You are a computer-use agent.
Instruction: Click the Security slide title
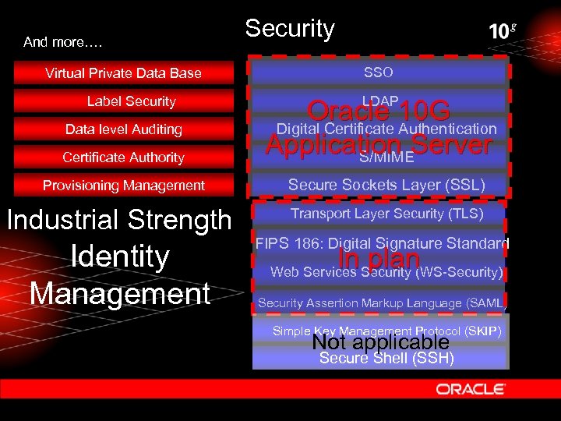click(x=289, y=29)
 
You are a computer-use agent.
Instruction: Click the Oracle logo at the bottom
click(x=471, y=388)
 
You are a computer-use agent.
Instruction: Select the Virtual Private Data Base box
click(x=123, y=73)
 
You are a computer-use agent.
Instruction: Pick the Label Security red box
click(x=131, y=101)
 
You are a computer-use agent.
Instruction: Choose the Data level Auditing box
click(x=123, y=129)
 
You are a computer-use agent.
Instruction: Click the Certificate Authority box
click(x=123, y=157)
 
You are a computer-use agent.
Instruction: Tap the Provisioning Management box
click(x=123, y=186)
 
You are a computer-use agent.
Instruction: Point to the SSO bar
click(x=379, y=73)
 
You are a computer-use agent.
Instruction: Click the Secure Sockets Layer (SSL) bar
click(x=386, y=186)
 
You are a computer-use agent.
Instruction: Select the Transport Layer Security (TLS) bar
click(x=386, y=214)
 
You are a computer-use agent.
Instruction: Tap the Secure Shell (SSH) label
click(x=386, y=359)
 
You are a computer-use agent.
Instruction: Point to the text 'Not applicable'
click(x=380, y=342)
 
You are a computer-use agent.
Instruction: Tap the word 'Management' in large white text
click(x=120, y=293)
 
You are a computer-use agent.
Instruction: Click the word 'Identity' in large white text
click(x=120, y=256)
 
